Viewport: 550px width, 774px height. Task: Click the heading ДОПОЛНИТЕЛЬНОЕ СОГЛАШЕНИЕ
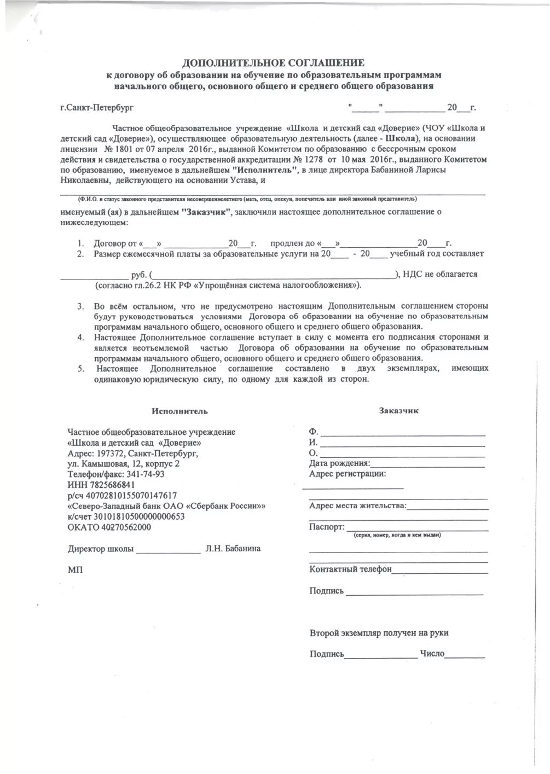[x=273, y=63]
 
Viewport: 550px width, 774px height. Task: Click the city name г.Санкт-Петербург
[x=97, y=108]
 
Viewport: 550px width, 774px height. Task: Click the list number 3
[x=80, y=306]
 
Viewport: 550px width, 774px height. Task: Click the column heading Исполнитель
[x=181, y=411]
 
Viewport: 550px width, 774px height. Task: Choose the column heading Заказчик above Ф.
[x=398, y=410]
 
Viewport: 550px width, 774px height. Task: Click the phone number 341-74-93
[x=146, y=474]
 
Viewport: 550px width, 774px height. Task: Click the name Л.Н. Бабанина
[x=233, y=549]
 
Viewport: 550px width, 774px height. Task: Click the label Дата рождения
[x=339, y=464]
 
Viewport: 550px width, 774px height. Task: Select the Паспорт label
[x=327, y=527]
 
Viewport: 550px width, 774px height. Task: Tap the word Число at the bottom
[x=432, y=654]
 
